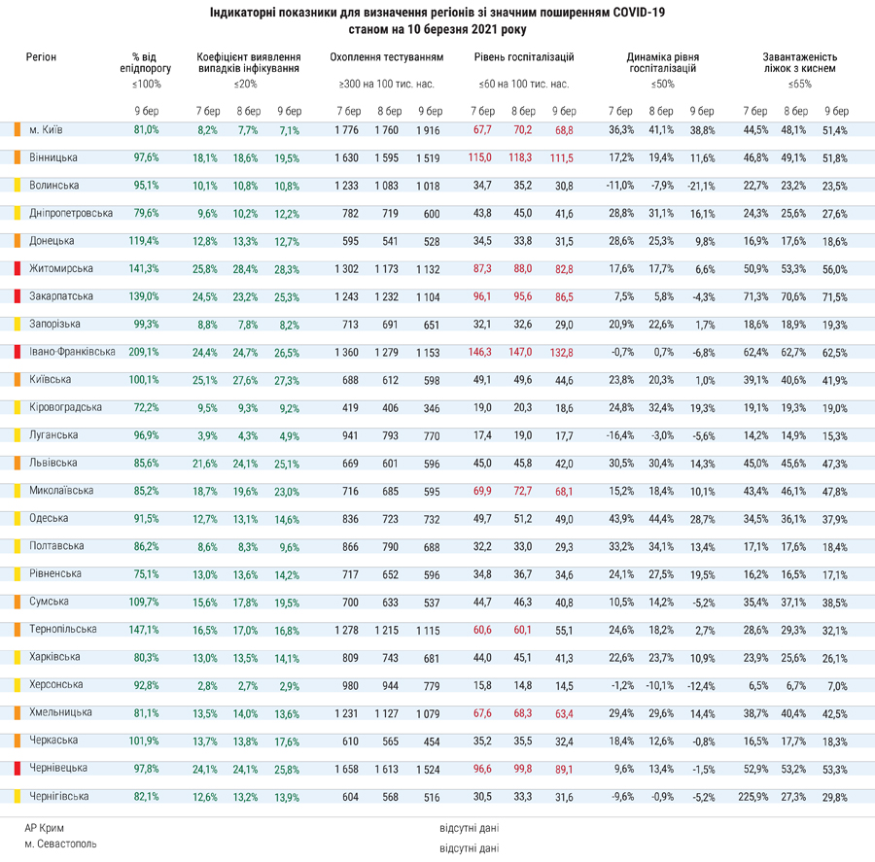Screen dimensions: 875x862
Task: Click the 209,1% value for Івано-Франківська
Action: [144, 352]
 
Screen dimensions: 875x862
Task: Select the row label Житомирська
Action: [61, 268]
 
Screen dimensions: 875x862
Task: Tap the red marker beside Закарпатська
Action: [17, 296]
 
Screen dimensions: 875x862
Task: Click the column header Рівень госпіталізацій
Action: [524, 57]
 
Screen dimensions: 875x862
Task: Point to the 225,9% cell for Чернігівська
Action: [753, 797]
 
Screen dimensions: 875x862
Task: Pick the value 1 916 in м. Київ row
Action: [428, 130]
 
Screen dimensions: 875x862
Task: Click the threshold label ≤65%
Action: [800, 85]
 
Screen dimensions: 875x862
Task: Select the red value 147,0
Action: [520, 352]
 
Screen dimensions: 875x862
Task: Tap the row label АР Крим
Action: [44, 828]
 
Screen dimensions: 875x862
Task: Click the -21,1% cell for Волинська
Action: [701, 186]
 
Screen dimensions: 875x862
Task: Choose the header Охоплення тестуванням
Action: [387, 57]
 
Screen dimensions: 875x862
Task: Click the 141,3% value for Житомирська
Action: [144, 268]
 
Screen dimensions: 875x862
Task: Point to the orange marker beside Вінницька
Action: [17, 157]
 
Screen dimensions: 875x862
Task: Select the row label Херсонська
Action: [55, 684]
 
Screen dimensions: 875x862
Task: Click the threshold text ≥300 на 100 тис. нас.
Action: [386, 85]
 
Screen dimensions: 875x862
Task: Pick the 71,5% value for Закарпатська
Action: [835, 297]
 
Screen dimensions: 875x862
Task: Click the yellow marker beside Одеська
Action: [17, 518]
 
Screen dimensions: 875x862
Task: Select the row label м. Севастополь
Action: [60, 844]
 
